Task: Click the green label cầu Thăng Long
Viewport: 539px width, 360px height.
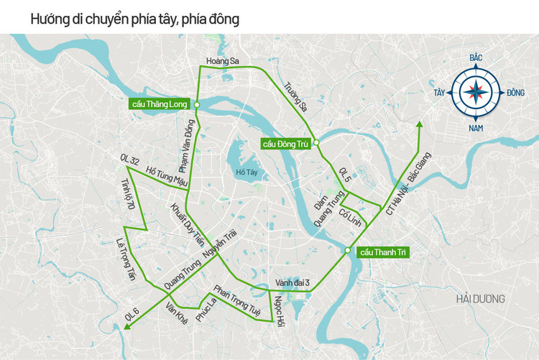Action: (x=160, y=104)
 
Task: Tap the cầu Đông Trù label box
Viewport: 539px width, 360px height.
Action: (x=285, y=144)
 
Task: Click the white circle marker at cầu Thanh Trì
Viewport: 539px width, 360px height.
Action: (x=347, y=251)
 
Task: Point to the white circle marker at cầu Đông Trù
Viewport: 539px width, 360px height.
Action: (x=316, y=143)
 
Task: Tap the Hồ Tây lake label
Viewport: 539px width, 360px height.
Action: (x=246, y=172)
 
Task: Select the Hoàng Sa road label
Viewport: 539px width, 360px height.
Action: (x=221, y=61)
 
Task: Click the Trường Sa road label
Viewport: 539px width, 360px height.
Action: (x=295, y=96)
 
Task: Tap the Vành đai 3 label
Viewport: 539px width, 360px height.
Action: (x=292, y=282)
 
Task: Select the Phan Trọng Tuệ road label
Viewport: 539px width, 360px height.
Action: (x=236, y=301)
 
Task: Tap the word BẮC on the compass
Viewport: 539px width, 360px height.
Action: (x=475, y=57)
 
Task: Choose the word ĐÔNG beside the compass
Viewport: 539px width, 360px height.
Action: (x=515, y=93)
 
